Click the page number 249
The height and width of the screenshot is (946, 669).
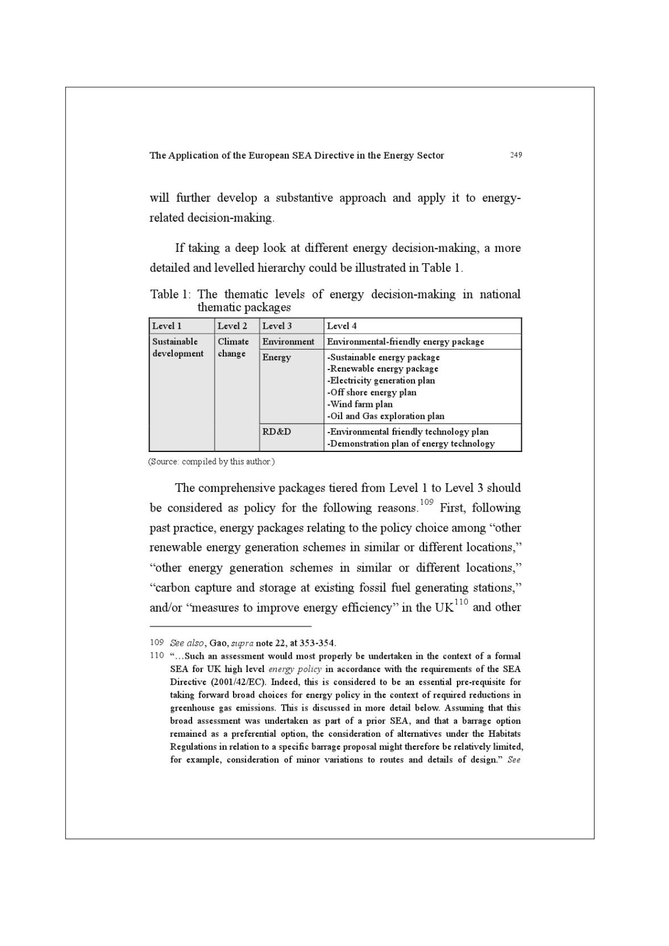516,155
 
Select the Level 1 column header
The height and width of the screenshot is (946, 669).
167,326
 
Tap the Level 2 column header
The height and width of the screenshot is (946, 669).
232,326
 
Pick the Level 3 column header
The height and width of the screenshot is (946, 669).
277,326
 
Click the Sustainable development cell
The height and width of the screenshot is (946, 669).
177,347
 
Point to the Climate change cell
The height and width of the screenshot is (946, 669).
233,347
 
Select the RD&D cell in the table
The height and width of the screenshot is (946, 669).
276,431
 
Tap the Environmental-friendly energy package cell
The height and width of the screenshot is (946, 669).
405,342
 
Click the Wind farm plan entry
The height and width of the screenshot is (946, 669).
360,404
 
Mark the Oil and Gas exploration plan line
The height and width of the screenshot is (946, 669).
386,416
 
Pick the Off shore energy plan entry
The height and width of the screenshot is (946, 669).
372,392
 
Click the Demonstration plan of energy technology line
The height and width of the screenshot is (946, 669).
411,443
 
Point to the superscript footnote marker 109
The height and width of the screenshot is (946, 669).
426,502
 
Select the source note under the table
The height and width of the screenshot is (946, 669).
211,462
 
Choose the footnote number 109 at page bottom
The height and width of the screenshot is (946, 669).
157,642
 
